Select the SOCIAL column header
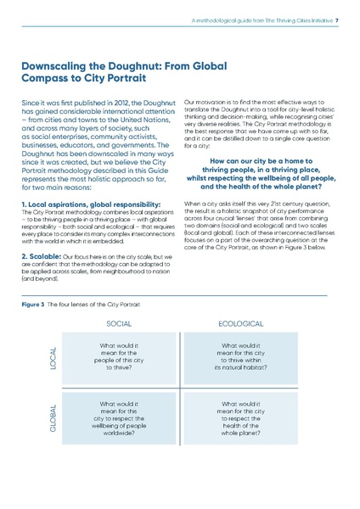click(119, 323)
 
